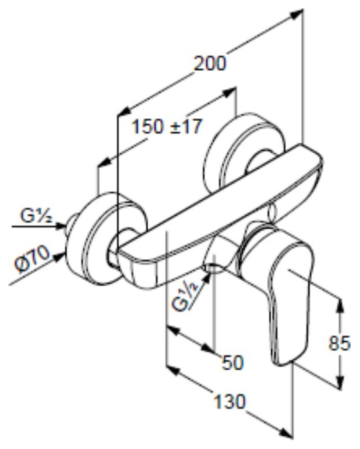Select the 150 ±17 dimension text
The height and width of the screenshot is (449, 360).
(x=165, y=126)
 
